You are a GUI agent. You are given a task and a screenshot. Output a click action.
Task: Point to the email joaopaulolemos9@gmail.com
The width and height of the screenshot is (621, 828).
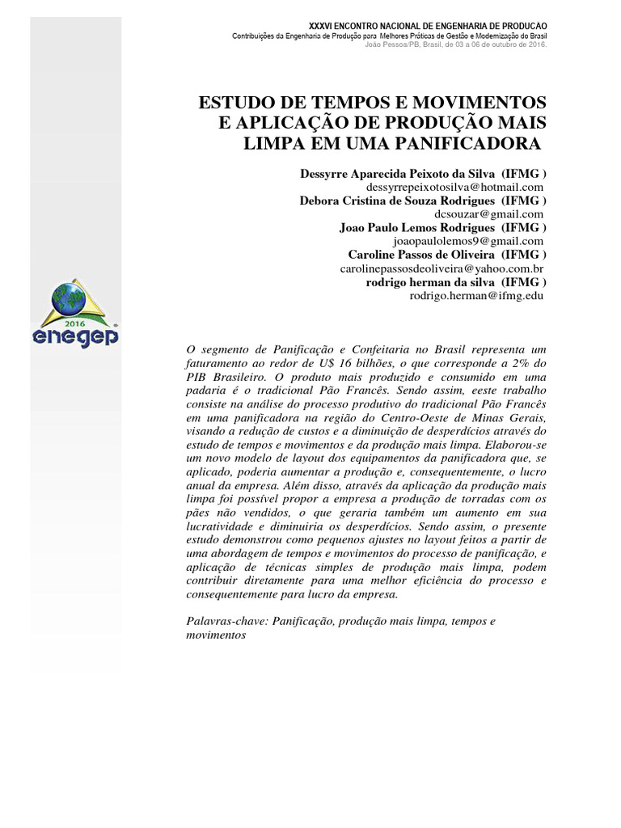click(x=467, y=241)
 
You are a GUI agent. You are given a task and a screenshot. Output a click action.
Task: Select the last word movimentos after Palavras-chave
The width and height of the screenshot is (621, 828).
click(x=216, y=635)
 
